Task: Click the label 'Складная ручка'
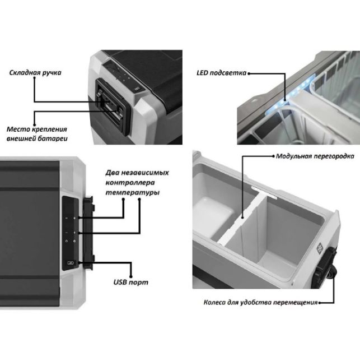pyautogui.click(x=35, y=73)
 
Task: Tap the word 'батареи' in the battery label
pyautogui.click(x=54, y=138)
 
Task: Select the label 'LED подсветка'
pyautogui.click(x=221, y=73)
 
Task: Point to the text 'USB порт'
pyautogui.click(x=131, y=282)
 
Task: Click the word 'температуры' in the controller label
pyautogui.click(x=133, y=192)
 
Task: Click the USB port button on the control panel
pyautogui.click(x=70, y=263)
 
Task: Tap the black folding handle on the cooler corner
pyautogui.click(x=113, y=104)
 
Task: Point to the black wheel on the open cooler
pyautogui.click(x=331, y=272)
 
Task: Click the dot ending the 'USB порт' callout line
pyautogui.click(x=131, y=276)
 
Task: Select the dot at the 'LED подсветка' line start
pyautogui.click(x=249, y=73)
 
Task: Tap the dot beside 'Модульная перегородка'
pyautogui.click(x=273, y=156)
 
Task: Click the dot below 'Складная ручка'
pyautogui.click(x=35, y=78)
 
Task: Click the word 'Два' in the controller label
pyautogui.click(x=110, y=173)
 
